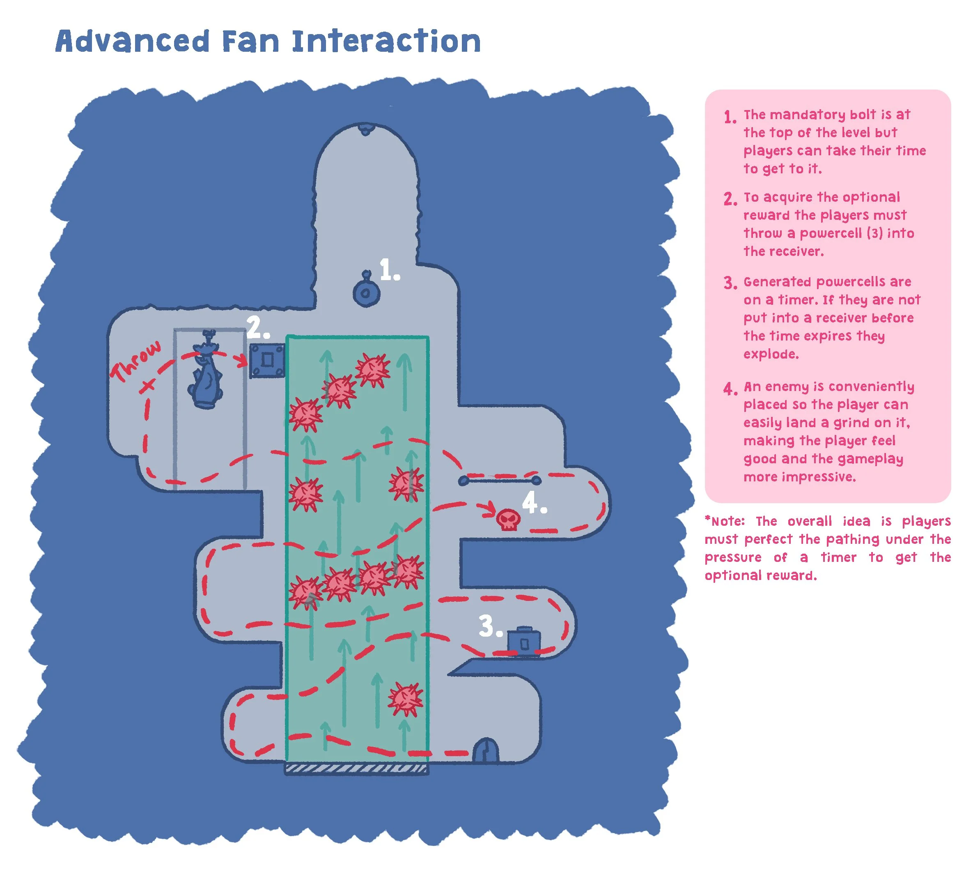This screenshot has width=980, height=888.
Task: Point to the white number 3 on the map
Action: pos(489,626)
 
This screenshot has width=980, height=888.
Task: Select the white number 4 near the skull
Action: pos(533,502)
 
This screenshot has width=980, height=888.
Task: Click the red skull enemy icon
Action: pos(508,520)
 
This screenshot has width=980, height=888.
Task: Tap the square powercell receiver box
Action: pos(267,360)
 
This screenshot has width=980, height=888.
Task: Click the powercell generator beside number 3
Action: pos(523,642)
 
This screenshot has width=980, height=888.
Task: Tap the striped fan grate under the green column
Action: pos(356,768)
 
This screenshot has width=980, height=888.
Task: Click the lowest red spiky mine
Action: pos(405,699)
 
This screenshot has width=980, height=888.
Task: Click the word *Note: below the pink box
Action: pos(724,521)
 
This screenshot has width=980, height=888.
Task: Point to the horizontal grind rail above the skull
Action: pos(500,481)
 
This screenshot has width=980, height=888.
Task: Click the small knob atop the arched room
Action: pos(365,129)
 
